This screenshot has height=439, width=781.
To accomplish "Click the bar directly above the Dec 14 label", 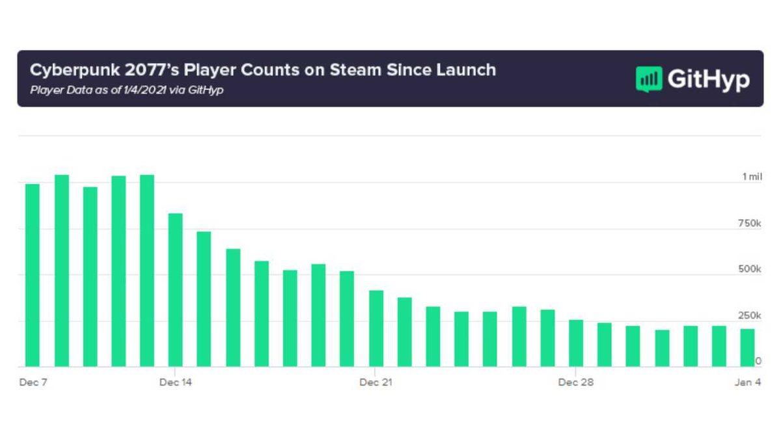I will pos(176,290).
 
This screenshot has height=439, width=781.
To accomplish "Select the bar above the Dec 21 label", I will pos(376,328).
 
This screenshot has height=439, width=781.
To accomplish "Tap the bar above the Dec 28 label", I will pos(576,343).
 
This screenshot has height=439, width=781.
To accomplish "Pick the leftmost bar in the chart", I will pos(33,275).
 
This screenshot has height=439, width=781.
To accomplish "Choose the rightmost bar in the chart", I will pos(748,348).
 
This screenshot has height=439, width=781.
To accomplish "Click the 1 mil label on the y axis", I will pos(752,177).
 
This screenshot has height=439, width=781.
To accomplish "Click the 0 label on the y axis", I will pos(758,361).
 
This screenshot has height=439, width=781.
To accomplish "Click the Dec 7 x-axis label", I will pos(33,382).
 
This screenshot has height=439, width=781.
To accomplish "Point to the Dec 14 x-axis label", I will pos(176,382).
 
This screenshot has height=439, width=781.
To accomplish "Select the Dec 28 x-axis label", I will pos(576,382).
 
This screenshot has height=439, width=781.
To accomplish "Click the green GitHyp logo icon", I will pos(648,79).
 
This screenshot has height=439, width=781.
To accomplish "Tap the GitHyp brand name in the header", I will pos(708,79).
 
